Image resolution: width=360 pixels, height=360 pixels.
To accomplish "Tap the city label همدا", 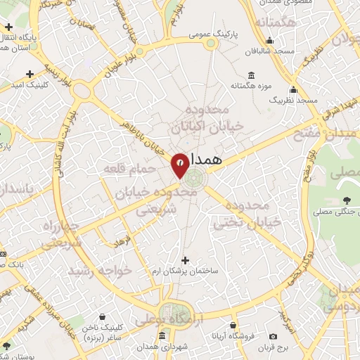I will tap(205, 160).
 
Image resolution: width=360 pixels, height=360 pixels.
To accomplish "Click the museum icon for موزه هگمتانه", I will tap(251, 75).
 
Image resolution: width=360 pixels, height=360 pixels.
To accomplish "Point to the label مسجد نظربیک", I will tap(292, 101).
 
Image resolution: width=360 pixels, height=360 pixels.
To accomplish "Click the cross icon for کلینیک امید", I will tap(29, 74).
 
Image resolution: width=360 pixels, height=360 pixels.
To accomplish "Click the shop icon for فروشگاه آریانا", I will tap(234, 325).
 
